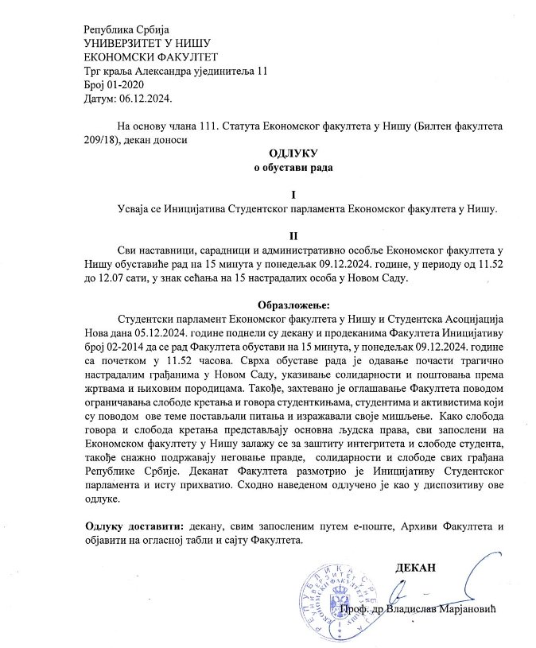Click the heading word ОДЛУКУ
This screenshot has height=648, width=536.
pos(293,153)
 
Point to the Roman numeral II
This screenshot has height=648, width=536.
pos(293,236)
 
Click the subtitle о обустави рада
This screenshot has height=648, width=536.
pos(293,167)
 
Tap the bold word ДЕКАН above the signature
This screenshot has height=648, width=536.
pos(415,568)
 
